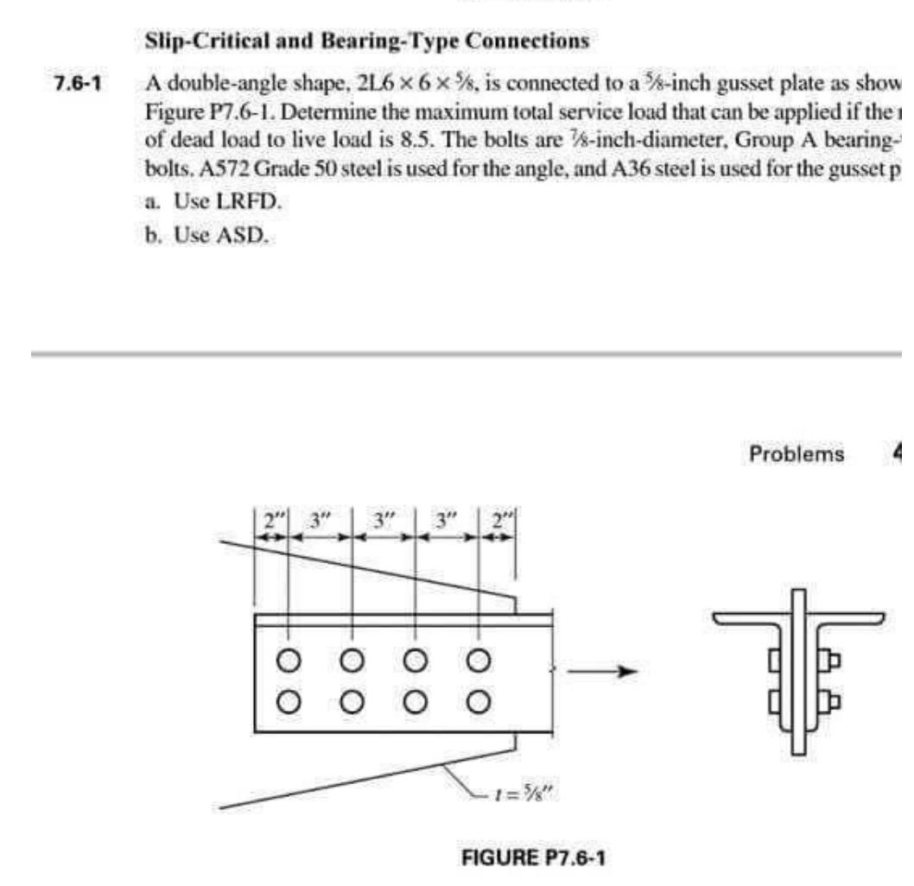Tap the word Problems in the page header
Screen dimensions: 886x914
tap(796, 454)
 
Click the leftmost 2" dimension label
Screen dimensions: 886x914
tap(272, 523)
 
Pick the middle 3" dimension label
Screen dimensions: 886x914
tap(384, 523)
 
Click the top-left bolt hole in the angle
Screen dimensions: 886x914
tap(289, 661)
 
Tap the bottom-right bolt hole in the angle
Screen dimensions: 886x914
tap(478, 699)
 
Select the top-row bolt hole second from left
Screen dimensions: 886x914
tap(352, 661)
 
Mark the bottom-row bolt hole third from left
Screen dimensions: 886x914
tap(415, 699)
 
